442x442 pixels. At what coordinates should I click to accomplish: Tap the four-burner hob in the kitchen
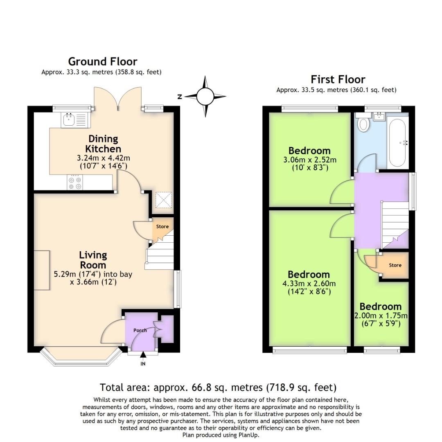[x=74, y=183]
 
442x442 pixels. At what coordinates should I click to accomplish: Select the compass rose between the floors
[x=205, y=97]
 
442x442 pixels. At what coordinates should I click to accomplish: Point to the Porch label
[x=140, y=330]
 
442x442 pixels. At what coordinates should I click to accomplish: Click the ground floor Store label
[x=162, y=226]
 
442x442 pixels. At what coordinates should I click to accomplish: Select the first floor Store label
[x=395, y=265]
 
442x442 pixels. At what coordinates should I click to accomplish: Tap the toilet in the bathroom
[x=363, y=123]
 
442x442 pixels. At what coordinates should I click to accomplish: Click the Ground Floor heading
[x=102, y=61]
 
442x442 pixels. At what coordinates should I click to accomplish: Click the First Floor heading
[x=338, y=79]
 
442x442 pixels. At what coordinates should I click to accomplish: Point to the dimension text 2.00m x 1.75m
[x=381, y=316]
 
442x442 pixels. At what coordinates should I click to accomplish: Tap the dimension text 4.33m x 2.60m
[x=309, y=284]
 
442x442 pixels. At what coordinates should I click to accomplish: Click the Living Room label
[x=93, y=260]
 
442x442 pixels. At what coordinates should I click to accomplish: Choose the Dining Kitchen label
[x=103, y=144]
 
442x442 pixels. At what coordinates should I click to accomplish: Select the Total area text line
[x=218, y=387]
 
